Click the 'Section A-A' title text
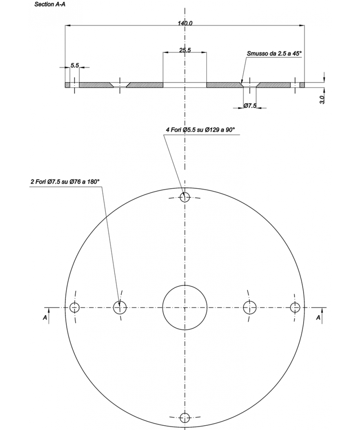[x=50, y=5]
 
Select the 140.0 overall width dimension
[x=185, y=23]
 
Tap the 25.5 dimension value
[x=185, y=50]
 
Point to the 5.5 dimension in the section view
[x=75, y=65]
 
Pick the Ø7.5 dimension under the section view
[x=249, y=106]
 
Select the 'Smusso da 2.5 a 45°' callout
[x=274, y=54]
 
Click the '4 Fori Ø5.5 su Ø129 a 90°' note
[x=203, y=130]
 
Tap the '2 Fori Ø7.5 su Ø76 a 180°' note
[x=65, y=182]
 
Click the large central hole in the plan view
[x=185, y=308]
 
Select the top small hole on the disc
[x=185, y=197]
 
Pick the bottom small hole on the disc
[x=185, y=418]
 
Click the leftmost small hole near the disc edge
[x=75, y=308]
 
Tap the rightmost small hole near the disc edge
[x=295, y=308]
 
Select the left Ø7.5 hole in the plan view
[x=120, y=308]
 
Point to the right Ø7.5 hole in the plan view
[x=249, y=308]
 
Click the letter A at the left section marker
[x=45, y=317]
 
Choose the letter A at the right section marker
[x=318, y=317]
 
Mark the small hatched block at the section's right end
[x=302, y=85]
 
